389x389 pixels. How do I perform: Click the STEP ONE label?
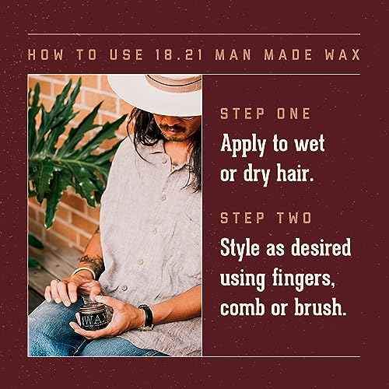[266, 114]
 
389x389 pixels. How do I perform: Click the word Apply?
[248, 145]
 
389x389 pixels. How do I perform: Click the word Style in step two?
[245, 250]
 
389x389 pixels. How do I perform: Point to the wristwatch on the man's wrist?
[145, 316]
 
